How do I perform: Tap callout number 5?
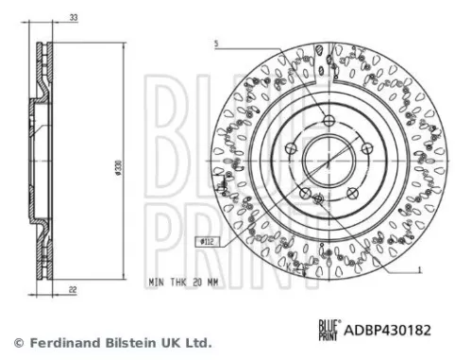pyautogui.click(x=216, y=43)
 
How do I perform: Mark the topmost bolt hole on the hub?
pyautogui.click(x=327, y=119)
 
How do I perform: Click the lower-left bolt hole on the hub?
pyautogui.click(x=303, y=192)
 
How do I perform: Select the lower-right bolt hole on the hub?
pyautogui.click(x=351, y=192)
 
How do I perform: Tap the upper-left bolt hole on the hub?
pyautogui.click(x=288, y=147)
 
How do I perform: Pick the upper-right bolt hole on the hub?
pyautogui.click(x=366, y=147)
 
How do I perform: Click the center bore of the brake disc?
pyautogui.click(x=327, y=159)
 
